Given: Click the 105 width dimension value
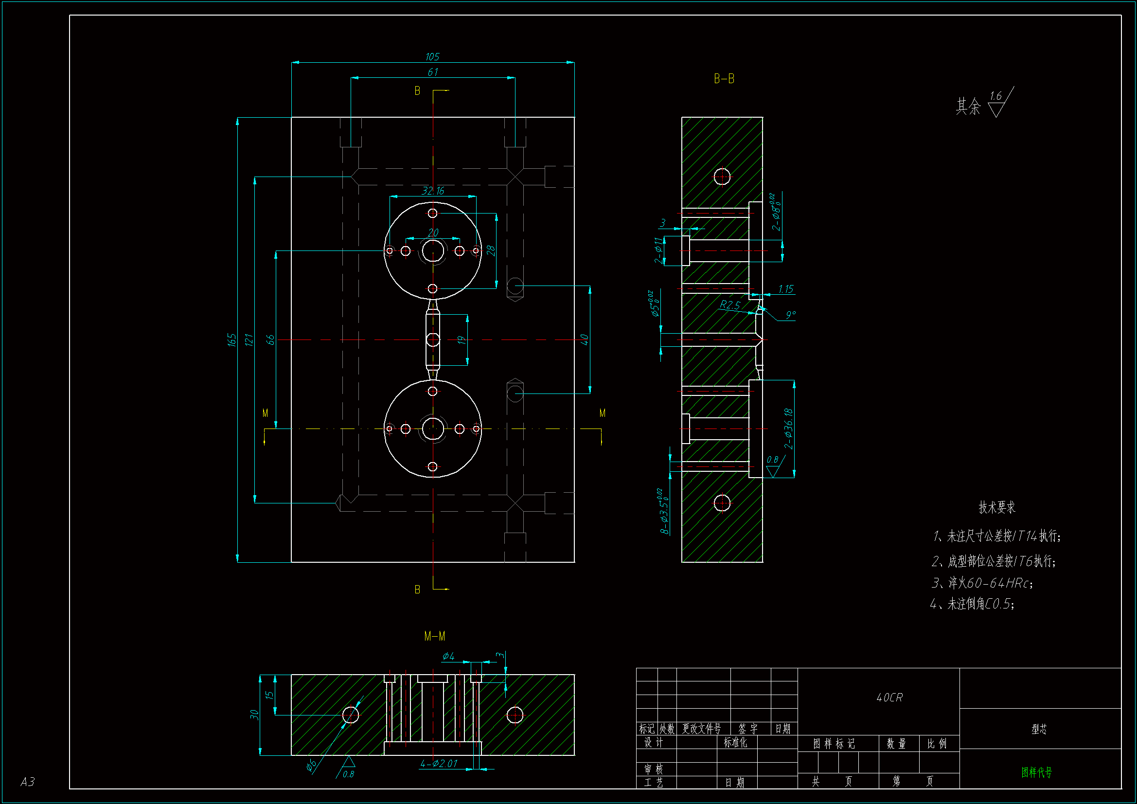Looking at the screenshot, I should click(x=432, y=57).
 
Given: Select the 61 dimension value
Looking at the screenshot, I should click(x=433, y=72).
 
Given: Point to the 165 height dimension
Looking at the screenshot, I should click(x=232, y=340).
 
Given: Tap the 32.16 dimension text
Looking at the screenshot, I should click(x=433, y=191).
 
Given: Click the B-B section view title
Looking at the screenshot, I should click(x=724, y=79).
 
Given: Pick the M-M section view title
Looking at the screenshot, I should click(x=434, y=636).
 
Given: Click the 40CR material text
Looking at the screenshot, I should click(x=889, y=697).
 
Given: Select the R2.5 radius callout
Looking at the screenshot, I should click(x=729, y=304).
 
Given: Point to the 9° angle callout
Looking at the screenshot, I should click(x=791, y=314).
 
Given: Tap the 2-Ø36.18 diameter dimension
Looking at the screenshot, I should click(x=788, y=429).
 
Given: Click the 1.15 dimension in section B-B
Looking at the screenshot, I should click(x=785, y=289).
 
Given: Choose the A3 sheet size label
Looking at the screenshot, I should click(x=28, y=782).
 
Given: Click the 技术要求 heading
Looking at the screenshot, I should click(x=996, y=507).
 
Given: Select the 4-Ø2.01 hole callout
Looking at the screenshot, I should click(x=439, y=763).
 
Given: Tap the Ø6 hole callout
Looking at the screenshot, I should click(x=311, y=766).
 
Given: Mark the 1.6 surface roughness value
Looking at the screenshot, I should click(x=995, y=96).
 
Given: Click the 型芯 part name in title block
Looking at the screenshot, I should click(x=1039, y=729).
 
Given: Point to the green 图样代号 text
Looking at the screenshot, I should click(x=1036, y=772).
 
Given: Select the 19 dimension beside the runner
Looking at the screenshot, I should click(x=462, y=340).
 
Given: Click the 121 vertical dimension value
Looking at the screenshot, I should click(x=249, y=340).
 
